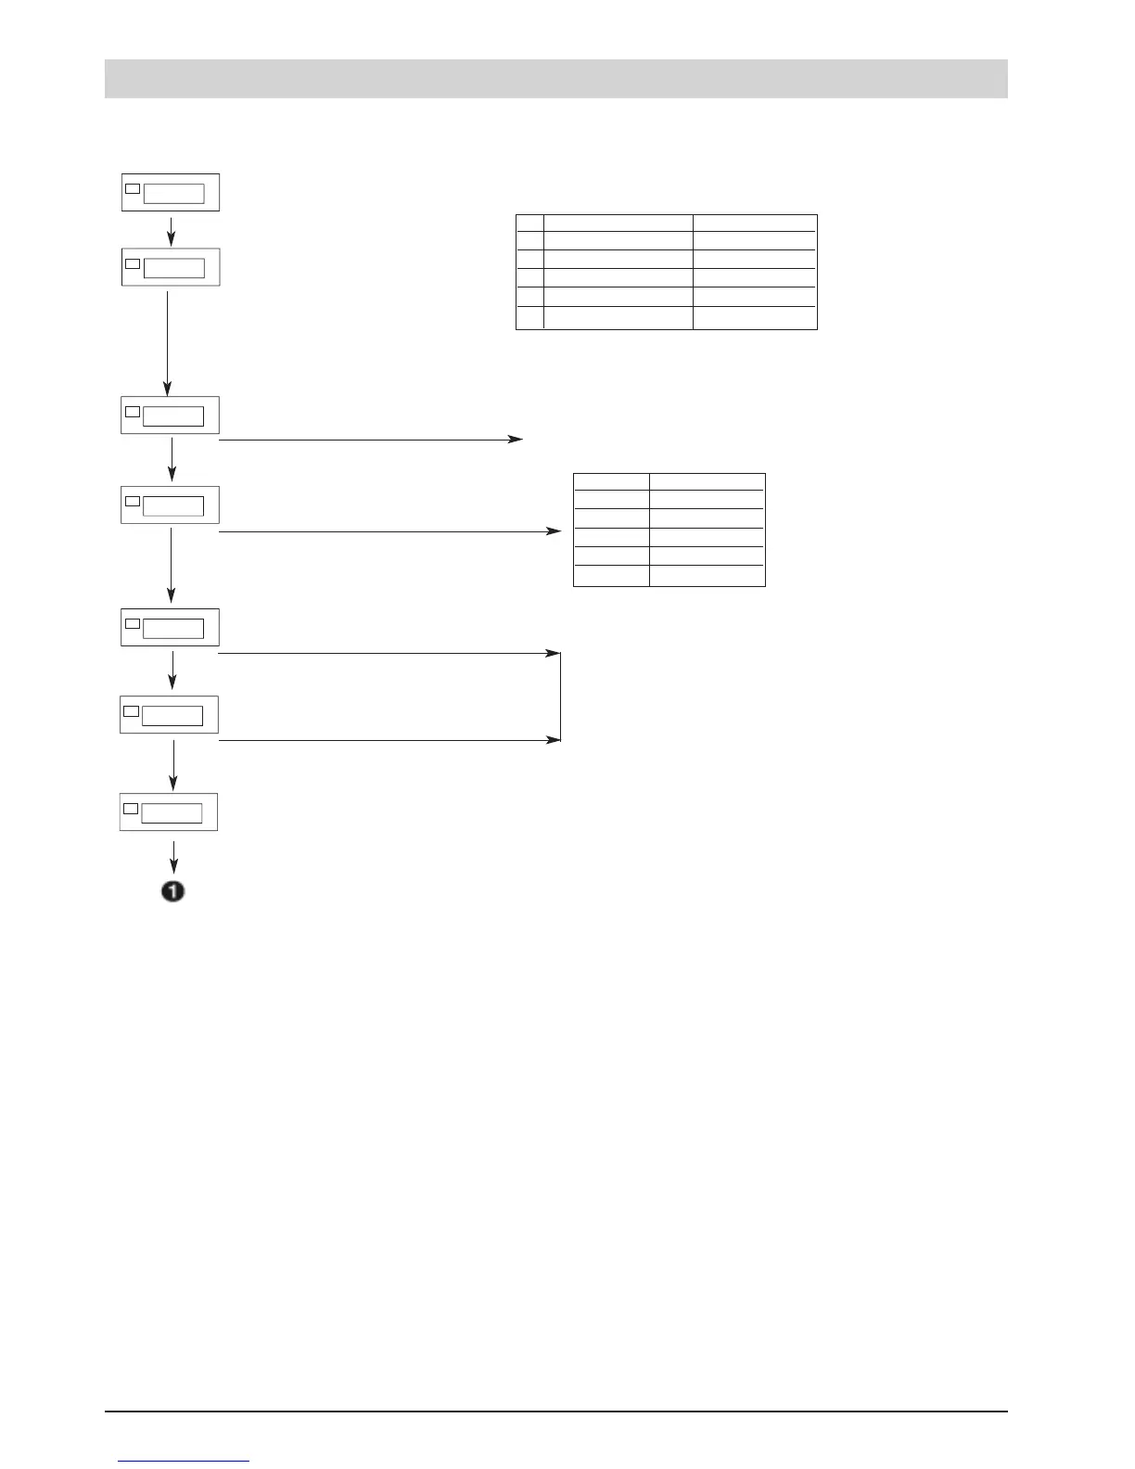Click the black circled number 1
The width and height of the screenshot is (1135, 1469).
point(173,892)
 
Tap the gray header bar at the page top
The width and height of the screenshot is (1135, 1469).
point(555,79)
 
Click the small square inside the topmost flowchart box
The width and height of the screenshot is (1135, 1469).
point(133,188)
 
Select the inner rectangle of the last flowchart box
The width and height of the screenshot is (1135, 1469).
point(172,813)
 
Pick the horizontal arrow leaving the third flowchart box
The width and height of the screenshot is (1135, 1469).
point(371,440)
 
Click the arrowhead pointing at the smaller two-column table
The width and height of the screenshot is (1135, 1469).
point(555,531)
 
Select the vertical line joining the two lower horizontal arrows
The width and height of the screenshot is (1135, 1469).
point(561,696)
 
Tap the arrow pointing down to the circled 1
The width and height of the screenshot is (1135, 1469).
point(173,855)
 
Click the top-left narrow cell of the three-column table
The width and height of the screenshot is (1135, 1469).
point(529,223)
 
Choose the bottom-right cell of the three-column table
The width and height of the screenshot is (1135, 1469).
point(755,318)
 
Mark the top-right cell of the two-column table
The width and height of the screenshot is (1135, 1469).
point(707,481)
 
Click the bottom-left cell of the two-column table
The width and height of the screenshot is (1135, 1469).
point(611,576)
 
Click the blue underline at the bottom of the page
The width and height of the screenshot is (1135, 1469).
point(184,1462)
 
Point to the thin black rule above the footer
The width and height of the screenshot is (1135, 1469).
point(555,1412)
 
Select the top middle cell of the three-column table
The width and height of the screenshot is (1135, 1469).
point(619,223)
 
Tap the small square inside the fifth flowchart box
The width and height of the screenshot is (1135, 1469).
point(132,623)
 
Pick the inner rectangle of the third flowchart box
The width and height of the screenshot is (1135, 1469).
point(173,415)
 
